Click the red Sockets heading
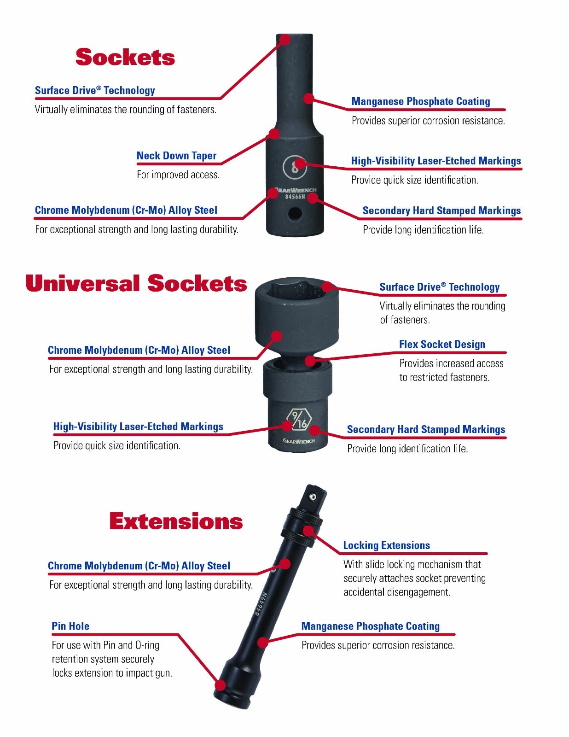click(125, 57)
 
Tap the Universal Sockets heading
click(136, 283)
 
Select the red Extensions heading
click(176, 521)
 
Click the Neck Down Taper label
click(176, 156)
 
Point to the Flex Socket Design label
click(442, 344)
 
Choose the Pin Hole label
click(70, 626)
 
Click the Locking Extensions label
click(386, 545)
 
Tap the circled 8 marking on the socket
click(295, 166)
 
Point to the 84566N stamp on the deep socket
click(295, 197)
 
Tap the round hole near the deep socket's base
click(295, 213)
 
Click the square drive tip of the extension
click(315, 497)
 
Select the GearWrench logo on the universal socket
click(299, 441)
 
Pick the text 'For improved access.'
click(178, 175)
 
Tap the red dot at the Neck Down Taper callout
click(274, 133)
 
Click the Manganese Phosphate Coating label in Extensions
click(371, 626)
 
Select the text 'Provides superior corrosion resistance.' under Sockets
click(428, 121)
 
